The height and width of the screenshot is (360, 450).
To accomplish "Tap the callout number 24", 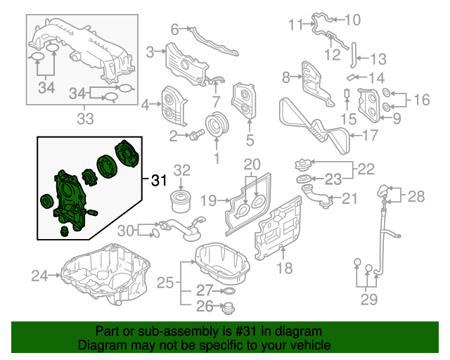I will [x=40, y=275].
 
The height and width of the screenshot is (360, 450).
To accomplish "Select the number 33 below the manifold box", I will [x=84, y=119].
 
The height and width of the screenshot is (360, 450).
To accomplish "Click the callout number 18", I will [x=283, y=267].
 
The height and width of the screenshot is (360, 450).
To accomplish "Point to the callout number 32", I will [x=182, y=169].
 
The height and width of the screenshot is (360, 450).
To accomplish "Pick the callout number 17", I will [x=371, y=136].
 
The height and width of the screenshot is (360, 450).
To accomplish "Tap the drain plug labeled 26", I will [x=228, y=307].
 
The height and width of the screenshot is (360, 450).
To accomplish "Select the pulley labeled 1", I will [x=217, y=126].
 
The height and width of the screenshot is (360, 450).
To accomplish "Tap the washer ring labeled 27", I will [x=228, y=290].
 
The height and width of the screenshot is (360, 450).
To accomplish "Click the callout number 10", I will [x=352, y=19].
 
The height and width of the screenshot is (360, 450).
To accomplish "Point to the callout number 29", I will [x=368, y=300].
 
